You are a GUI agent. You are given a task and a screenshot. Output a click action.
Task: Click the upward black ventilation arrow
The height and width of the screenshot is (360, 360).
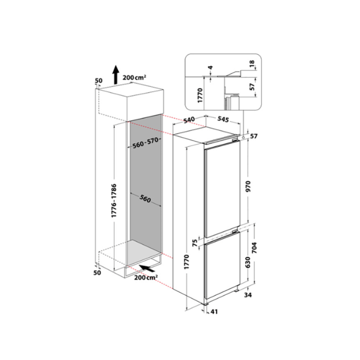tap(115, 73)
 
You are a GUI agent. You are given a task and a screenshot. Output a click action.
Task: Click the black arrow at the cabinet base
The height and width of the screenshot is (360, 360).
tap(147, 267)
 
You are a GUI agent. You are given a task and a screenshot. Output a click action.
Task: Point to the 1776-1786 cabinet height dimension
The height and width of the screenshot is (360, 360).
tap(114, 200)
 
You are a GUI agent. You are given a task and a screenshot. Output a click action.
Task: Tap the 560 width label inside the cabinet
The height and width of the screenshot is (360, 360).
tap(144, 199)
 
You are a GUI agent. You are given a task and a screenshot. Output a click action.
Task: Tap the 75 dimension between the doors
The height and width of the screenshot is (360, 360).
tap(194, 244)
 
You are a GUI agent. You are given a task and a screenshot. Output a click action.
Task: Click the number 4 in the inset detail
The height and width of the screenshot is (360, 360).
tap(210, 70)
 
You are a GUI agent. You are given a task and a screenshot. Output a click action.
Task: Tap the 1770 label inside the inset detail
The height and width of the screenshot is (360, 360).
tap(198, 94)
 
